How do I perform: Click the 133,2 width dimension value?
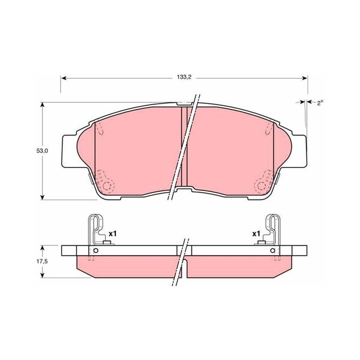[x=184, y=77]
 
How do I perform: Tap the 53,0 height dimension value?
[x=42, y=151]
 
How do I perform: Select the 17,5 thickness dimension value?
[x=42, y=261]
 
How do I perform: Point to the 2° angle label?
[x=320, y=103]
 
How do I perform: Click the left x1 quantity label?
[x=113, y=234]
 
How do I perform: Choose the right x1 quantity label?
[x=256, y=234]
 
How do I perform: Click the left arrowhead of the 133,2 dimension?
[x=64, y=78]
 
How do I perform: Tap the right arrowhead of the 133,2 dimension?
[x=305, y=78]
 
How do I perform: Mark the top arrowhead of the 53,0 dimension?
[x=42, y=105]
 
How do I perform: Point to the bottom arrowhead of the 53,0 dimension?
[x=42, y=197]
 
